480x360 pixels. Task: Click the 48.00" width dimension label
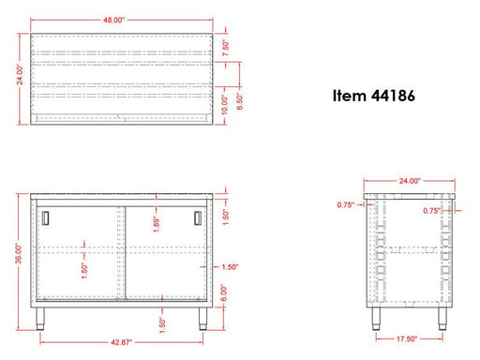(x=113, y=20)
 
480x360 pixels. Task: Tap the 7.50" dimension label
(x=226, y=48)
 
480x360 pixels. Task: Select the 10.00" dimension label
(x=225, y=105)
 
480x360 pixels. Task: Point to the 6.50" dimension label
(x=240, y=101)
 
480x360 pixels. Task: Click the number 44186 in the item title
(x=393, y=96)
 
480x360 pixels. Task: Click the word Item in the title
(x=350, y=96)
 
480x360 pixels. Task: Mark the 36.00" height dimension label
(x=19, y=254)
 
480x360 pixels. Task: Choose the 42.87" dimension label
(x=122, y=342)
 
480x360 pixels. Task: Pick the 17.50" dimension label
(x=407, y=339)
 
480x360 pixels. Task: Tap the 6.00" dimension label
(x=224, y=292)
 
